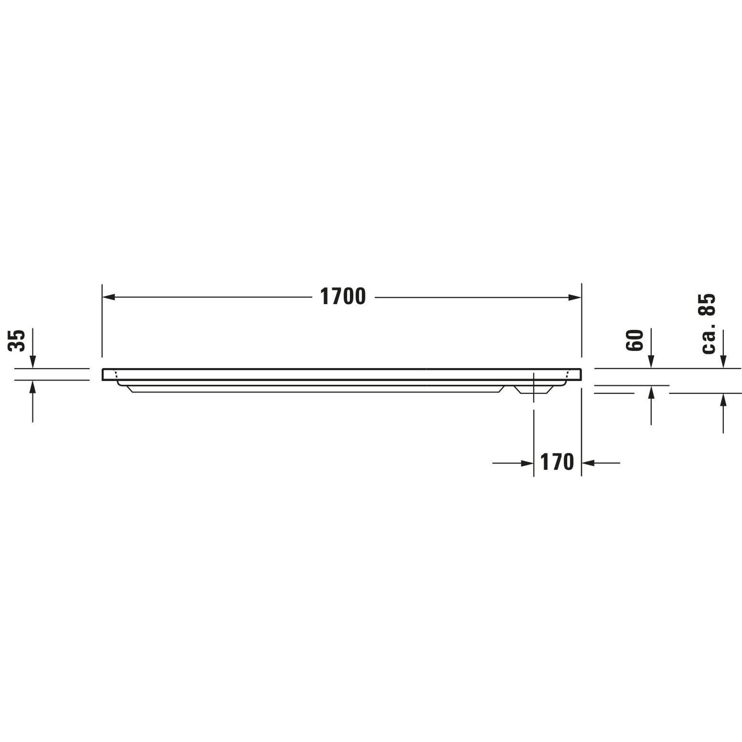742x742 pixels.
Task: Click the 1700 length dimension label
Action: (x=343, y=297)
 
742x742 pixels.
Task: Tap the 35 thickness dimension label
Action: (x=17, y=340)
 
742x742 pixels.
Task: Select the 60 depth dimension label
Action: (x=634, y=340)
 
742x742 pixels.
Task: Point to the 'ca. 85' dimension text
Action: (x=707, y=324)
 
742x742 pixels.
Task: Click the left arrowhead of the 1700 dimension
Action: (x=109, y=297)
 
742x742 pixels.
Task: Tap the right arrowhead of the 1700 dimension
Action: (x=575, y=297)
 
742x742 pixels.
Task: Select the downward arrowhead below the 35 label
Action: (x=33, y=362)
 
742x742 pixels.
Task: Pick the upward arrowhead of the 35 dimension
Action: (x=33, y=387)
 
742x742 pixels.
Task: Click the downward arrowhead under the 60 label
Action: (x=651, y=362)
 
